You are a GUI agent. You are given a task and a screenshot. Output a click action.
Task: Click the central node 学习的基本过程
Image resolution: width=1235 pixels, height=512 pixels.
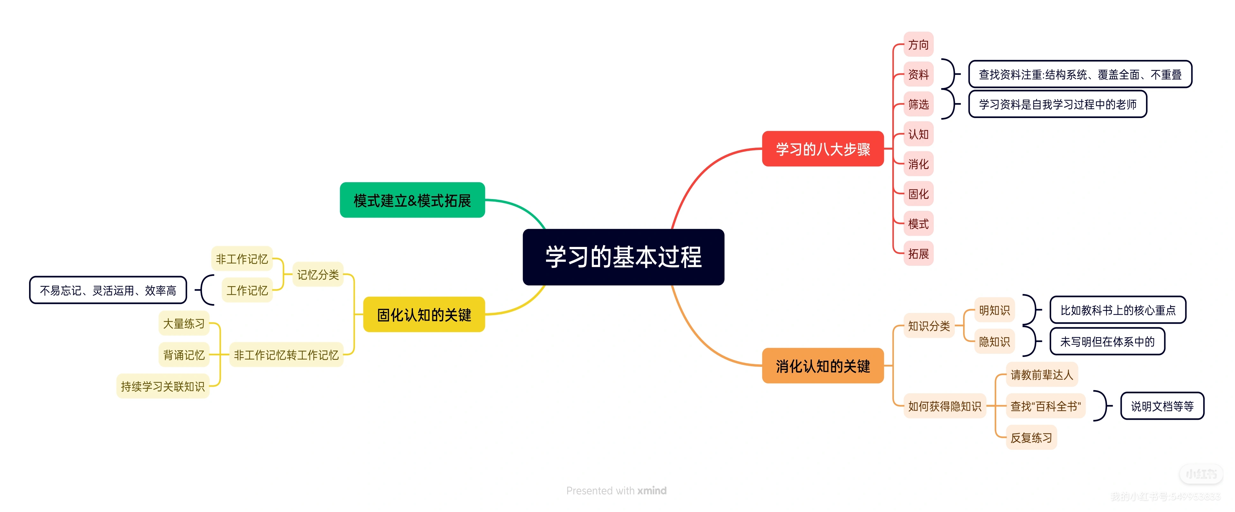point(623,257)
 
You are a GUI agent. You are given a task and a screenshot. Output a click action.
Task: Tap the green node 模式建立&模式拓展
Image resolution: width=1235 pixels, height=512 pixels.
point(412,200)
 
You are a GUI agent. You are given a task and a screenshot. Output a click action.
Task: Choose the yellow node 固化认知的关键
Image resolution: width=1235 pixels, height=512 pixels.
point(424,315)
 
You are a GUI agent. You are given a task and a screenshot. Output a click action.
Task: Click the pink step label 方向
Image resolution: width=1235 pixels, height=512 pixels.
point(918,45)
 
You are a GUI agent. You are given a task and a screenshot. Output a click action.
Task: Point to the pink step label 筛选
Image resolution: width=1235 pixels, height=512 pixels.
point(918,104)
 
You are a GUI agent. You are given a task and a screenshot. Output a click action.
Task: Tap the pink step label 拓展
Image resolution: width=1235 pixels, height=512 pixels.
point(918,254)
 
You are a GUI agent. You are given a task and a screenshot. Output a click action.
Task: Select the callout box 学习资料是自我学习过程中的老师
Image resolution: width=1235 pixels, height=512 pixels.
point(1057,104)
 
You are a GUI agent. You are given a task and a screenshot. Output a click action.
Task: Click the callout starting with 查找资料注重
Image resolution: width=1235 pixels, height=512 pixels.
point(1080,74)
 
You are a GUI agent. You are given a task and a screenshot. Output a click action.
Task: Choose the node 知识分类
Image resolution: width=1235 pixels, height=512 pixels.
point(929,326)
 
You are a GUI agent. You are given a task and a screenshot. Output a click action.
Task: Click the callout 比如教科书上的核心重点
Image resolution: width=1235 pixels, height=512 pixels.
point(1118,310)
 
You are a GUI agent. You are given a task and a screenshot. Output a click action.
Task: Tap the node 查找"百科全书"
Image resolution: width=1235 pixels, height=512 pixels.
point(1045,406)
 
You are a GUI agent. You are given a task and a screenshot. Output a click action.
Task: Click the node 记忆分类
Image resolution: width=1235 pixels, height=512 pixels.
point(318,275)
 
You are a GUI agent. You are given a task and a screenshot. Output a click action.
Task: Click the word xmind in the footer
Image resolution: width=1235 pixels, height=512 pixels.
point(652,490)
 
